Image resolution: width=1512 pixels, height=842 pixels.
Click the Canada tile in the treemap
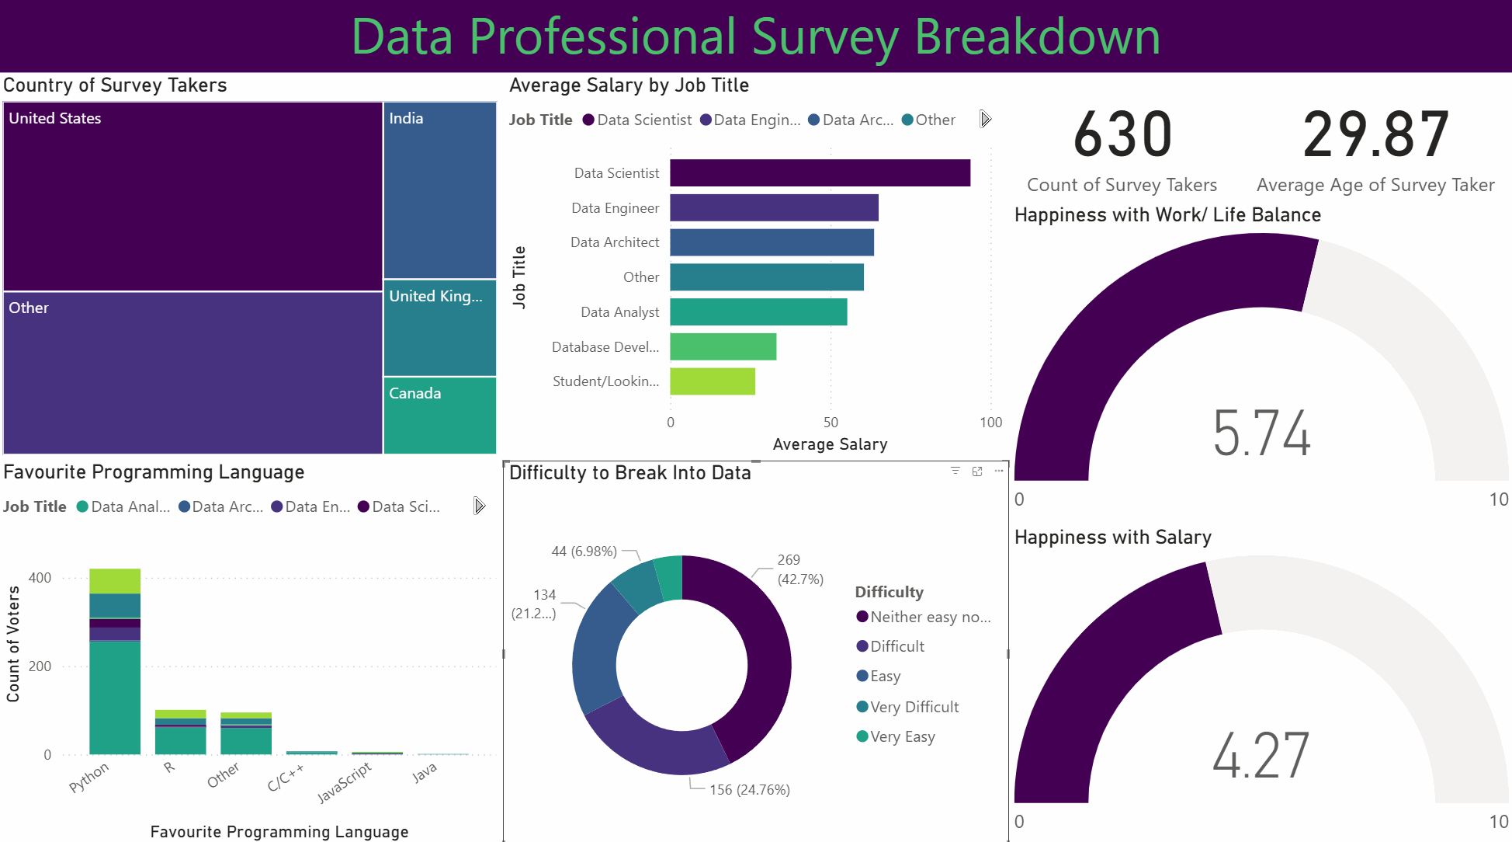439,416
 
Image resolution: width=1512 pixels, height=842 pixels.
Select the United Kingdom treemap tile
439,328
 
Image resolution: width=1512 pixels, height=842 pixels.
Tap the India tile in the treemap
439,190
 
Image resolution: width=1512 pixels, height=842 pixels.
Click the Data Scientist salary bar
820,173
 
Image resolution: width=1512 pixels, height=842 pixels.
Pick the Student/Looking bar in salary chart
712,381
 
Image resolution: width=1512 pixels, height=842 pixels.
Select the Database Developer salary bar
723,346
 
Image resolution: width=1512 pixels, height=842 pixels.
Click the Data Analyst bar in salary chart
758,312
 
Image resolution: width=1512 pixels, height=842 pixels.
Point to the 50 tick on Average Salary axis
831,423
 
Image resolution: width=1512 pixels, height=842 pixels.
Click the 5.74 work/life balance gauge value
1261,433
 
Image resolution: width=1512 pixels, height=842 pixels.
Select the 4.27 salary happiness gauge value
1261,756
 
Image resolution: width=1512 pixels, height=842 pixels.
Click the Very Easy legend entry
902,736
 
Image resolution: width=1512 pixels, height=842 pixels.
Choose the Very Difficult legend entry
914,707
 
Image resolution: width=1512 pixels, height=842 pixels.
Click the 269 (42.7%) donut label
799,569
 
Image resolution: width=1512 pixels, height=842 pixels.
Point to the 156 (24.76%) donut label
749,790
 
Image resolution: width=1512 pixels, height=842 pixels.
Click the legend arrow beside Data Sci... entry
479,506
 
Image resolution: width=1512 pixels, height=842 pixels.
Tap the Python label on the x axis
89,778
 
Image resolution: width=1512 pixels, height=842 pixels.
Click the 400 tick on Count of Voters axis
40,578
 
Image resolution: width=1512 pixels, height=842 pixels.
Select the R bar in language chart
180,732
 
